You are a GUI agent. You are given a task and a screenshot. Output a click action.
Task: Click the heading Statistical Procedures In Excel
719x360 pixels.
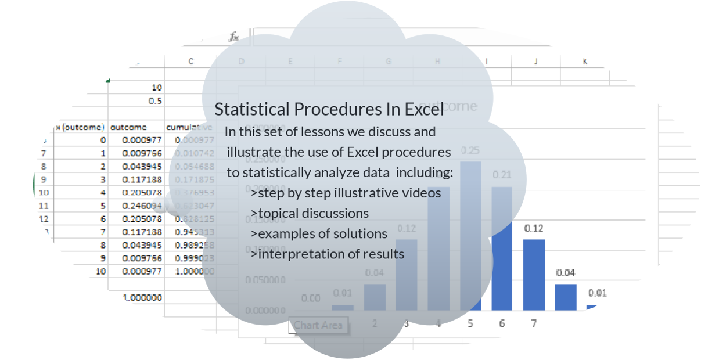[329, 109]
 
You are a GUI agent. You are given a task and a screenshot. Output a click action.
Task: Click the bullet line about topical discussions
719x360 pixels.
[310, 213]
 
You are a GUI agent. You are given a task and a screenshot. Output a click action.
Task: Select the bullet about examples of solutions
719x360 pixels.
[319, 233]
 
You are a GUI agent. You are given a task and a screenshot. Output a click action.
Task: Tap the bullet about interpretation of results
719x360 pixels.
[328, 254]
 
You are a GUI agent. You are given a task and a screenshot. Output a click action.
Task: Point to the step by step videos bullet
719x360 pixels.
[346, 192]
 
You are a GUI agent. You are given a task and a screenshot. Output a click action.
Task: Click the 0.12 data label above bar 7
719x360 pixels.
[534, 228]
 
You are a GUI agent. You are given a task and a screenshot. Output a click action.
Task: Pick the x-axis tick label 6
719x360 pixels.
[502, 323]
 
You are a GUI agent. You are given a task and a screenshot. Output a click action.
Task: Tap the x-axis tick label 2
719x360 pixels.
[375, 323]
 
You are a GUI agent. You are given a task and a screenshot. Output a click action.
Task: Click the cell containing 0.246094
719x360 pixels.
[142, 205]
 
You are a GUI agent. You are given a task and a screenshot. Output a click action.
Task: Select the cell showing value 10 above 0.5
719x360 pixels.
[156, 88]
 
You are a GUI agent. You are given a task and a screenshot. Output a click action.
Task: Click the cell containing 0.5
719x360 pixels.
[155, 100]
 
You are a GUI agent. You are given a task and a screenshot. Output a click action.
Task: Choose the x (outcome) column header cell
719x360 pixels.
[80, 127]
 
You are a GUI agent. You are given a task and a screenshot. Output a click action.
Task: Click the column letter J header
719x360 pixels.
[535, 62]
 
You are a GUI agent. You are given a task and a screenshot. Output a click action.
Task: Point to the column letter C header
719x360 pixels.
[191, 62]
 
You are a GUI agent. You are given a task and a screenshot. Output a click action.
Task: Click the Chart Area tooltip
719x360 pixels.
[318, 325]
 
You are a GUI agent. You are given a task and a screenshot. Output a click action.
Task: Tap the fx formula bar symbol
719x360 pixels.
[234, 37]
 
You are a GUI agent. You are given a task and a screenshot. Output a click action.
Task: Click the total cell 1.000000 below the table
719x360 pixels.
[142, 298]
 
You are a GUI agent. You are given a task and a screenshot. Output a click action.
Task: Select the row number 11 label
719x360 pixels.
[44, 205]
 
